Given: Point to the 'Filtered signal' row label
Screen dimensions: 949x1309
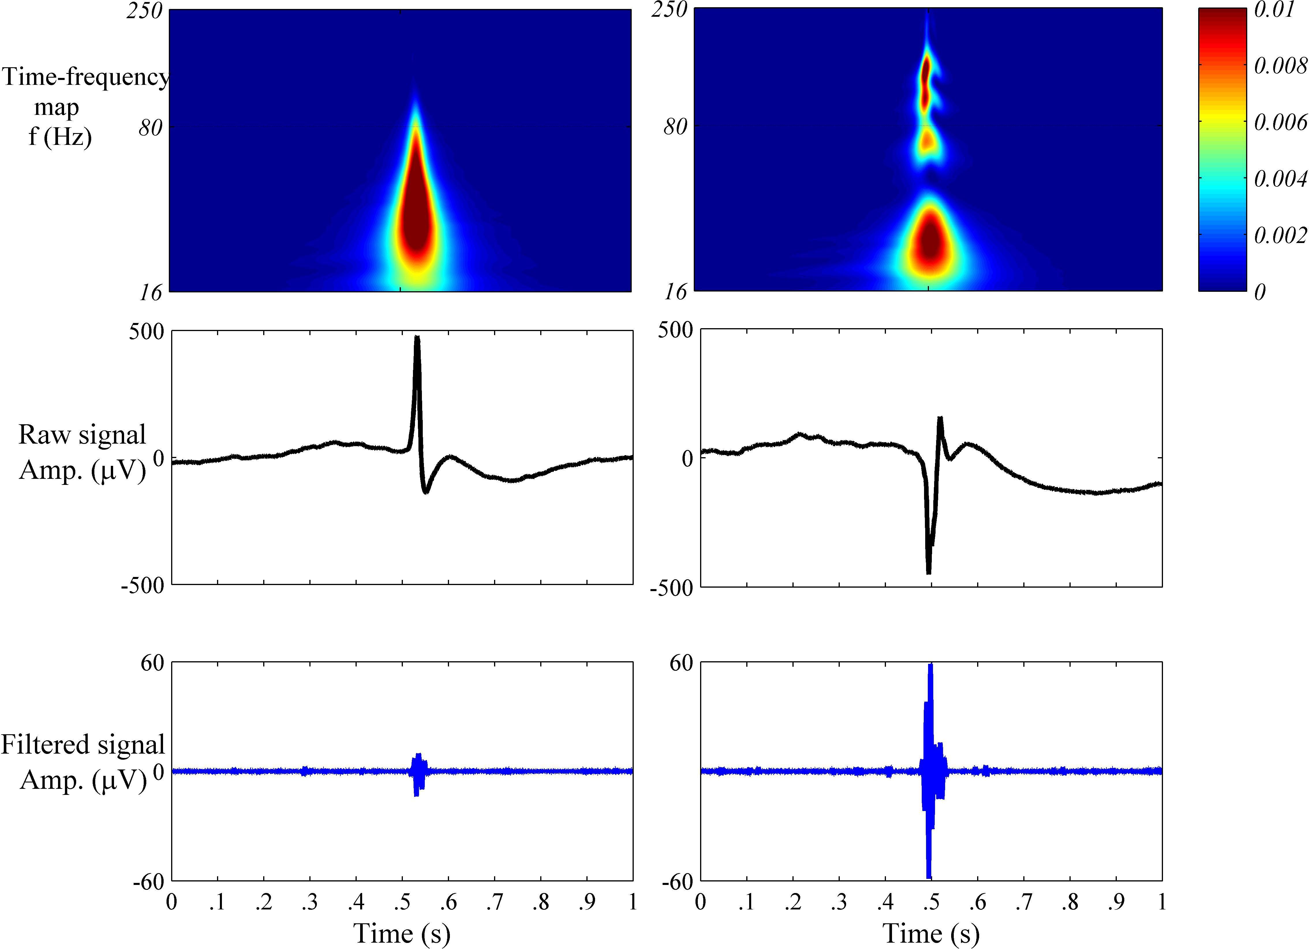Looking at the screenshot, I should tap(83, 745).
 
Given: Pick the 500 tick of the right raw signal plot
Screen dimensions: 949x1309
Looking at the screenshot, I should tap(675, 330).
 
